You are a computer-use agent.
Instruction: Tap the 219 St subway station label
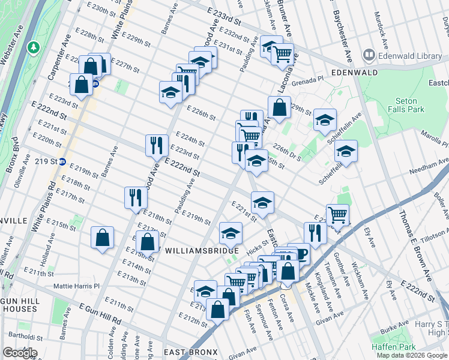point(46,161)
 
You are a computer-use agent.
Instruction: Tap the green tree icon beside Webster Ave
point(35,46)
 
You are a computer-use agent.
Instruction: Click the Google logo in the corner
point(20,352)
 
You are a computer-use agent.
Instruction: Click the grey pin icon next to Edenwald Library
point(368,56)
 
